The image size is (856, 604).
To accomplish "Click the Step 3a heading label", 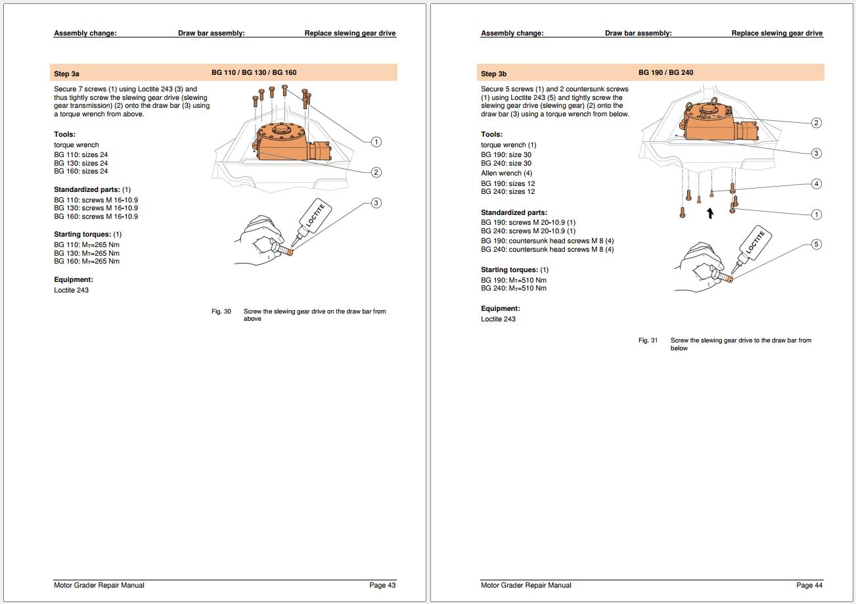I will coord(67,74).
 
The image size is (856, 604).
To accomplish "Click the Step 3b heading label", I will coord(493,74).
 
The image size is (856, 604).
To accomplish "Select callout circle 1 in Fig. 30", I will coord(376,141).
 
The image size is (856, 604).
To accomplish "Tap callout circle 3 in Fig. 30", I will coord(376,202).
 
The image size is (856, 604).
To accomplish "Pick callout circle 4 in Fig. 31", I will coord(816,184).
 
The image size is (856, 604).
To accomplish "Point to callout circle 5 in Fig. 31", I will coord(816,244).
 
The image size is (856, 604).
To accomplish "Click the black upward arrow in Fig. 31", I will coord(710,213).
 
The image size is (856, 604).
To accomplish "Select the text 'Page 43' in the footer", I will coord(382,585).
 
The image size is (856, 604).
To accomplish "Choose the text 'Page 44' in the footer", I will coord(809,585).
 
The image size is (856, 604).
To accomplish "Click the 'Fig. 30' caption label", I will coord(221,312).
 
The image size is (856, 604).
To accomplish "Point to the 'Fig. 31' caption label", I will coord(648,340).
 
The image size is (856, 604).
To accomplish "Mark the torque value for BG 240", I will coord(514,289).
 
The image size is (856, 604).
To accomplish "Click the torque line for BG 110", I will coord(87,244).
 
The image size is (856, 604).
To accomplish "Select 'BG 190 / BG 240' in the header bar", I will coord(665,72).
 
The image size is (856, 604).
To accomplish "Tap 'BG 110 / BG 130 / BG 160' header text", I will coord(254,72).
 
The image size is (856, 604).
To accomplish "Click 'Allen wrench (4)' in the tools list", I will coord(507,173).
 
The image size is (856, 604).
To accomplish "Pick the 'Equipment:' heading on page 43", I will coord(74,279).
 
